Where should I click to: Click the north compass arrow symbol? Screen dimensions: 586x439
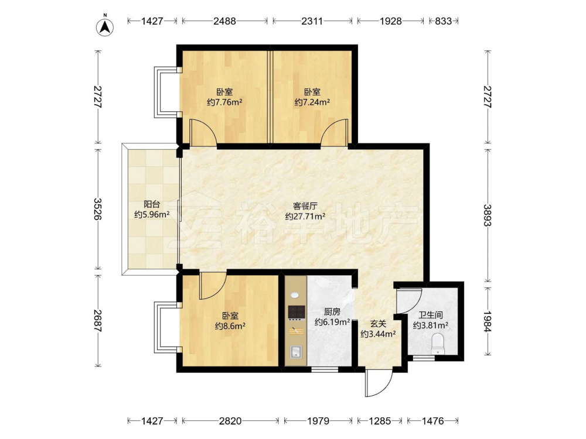pyautogui.click(x=105, y=26)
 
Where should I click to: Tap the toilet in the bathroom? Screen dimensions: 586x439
pyautogui.click(x=437, y=344)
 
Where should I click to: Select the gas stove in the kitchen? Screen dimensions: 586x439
pyautogui.click(x=297, y=313)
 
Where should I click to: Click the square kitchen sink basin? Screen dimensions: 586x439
pyautogui.click(x=297, y=352)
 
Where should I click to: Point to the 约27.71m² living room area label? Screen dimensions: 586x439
pyautogui.click(x=305, y=216)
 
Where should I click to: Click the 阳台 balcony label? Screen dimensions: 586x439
pyautogui.click(x=152, y=204)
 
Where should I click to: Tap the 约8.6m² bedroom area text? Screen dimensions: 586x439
pyautogui.click(x=230, y=326)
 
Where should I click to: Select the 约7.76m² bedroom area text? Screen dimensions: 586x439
pyautogui.click(x=224, y=102)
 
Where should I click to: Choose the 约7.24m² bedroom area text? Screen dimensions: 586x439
pyautogui.click(x=312, y=102)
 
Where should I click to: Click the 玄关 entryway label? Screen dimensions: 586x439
pyautogui.click(x=378, y=324)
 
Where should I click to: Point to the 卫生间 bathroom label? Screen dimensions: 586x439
pyautogui.click(x=431, y=315)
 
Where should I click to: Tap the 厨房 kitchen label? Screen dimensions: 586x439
pyautogui.click(x=332, y=312)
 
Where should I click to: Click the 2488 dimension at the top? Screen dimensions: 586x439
pyautogui.click(x=224, y=21)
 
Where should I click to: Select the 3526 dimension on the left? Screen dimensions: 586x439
pyautogui.click(x=98, y=209)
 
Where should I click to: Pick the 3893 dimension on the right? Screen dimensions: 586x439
pyautogui.click(x=488, y=215)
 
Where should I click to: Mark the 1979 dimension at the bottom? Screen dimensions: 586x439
pyautogui.click(x=318, y=421)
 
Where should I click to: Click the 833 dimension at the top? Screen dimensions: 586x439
pyautogui.click(x=443, y=21)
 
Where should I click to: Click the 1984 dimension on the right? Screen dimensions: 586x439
pyautogui.click(x=488, y=321)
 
